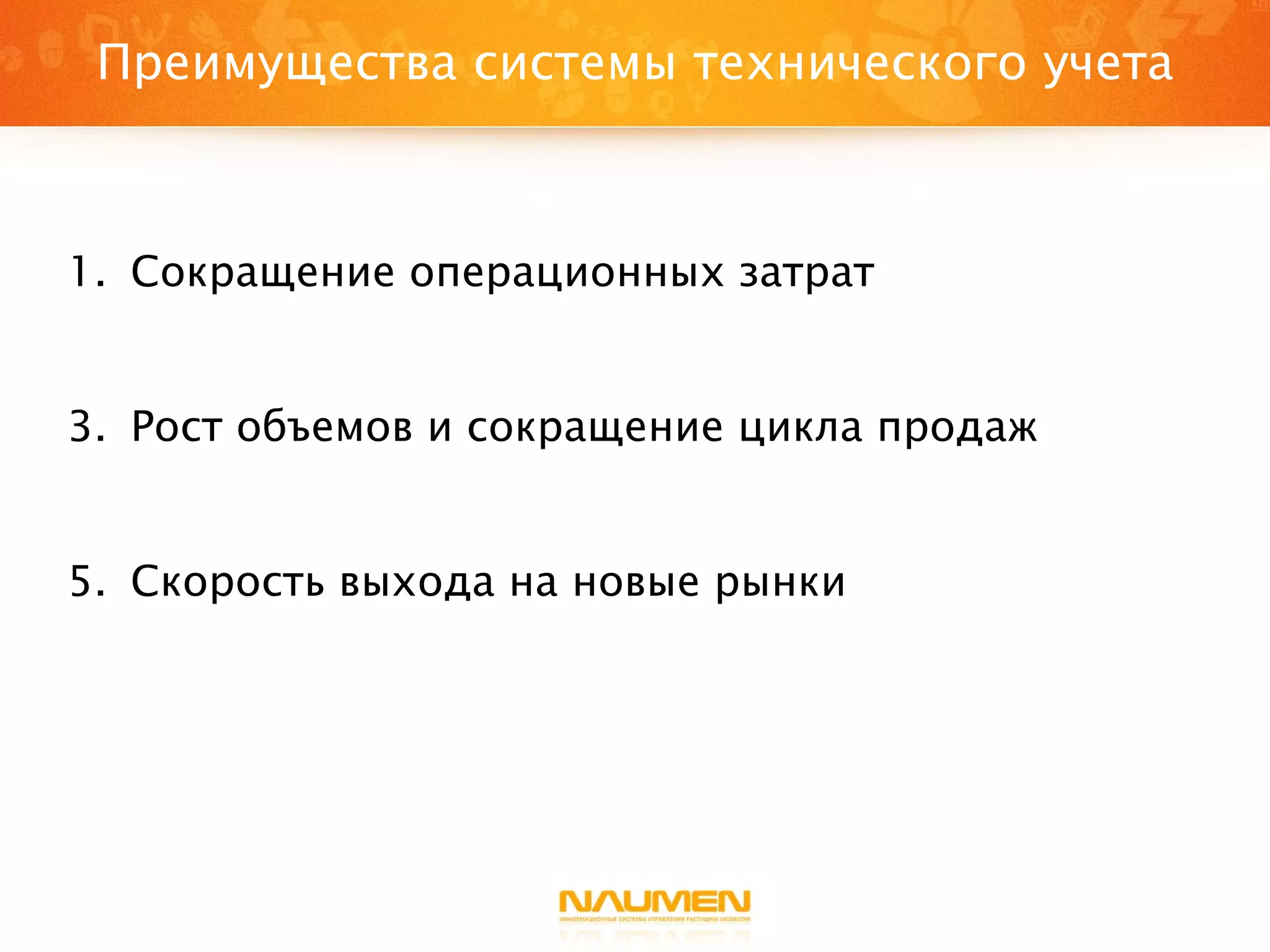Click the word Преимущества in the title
(x=277, y=64)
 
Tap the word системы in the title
(x=574, y=64)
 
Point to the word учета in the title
(x=1108, y=64)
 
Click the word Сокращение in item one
(x=262, y=273)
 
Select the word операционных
(x=566, y=273)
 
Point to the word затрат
(x=806, y=273)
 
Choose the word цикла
(x=801, y=428)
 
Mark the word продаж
(x=957, y=428)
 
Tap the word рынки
(x=780, y=583)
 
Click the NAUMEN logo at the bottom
(x=655, y=901)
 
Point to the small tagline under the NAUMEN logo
(x=655, y=919)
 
